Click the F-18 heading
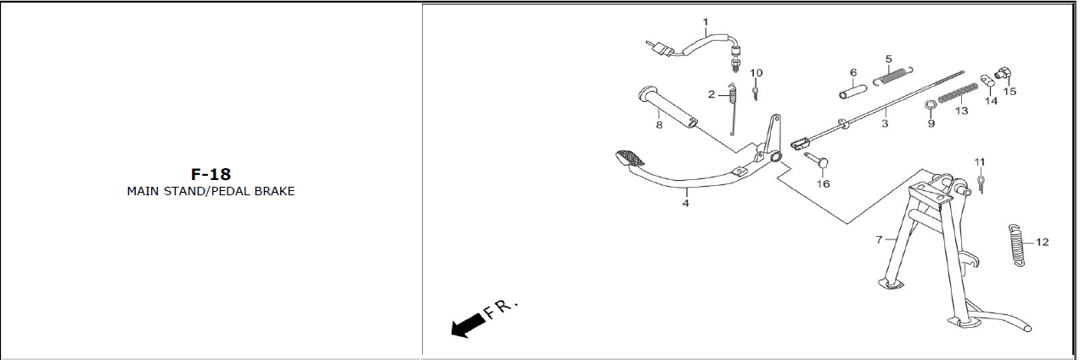tap(211, 174)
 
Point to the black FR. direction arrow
tap(468, 326)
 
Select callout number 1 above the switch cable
tap(706, 22)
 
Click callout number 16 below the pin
tap(823, 183)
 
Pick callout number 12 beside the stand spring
tap(1043, 242)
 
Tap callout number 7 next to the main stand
tap(879, 239)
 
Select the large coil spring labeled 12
tap(1016, 245)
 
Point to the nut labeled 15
tap(1004, 74)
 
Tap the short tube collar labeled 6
tap(853, 92)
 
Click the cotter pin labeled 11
tap(981, 183)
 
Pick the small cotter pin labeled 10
tap(756, 92)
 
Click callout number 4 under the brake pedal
tap(685, 204)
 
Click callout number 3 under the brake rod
tap(885, 124)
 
